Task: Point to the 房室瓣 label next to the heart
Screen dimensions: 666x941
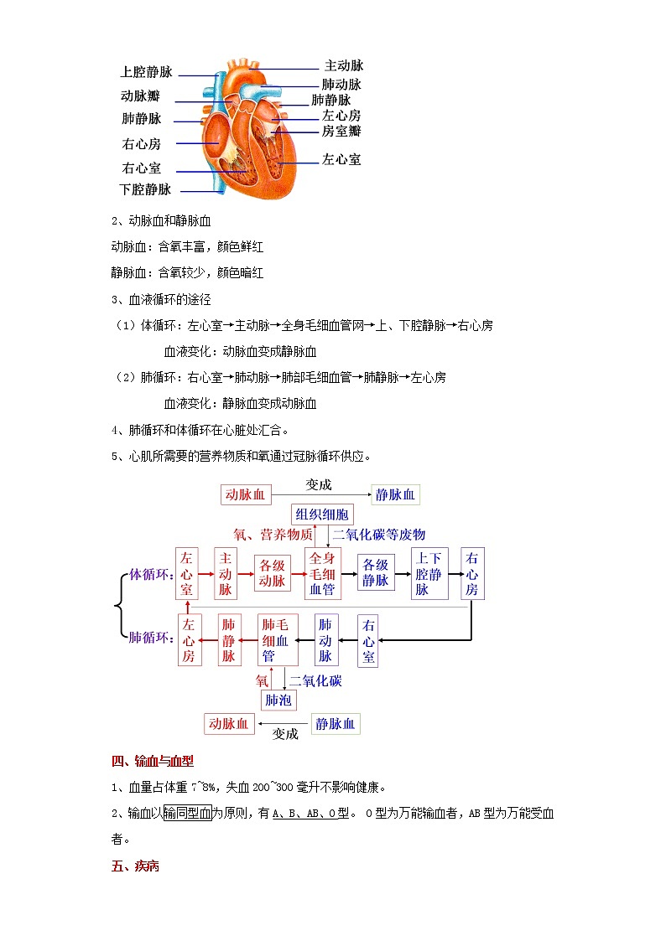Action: point(341,132)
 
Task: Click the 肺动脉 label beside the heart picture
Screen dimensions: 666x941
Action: point(341,85)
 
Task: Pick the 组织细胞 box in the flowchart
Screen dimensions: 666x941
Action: point(323,514)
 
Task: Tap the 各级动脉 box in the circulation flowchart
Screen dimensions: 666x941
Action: point(272,573)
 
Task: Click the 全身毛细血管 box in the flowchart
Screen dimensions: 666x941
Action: point(323,574)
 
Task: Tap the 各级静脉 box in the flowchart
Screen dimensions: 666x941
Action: point(376,573)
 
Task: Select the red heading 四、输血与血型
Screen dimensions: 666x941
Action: point(153,762)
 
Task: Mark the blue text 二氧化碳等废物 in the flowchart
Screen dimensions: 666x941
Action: point(379,535)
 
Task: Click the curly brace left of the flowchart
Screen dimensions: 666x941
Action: point(121,606)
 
